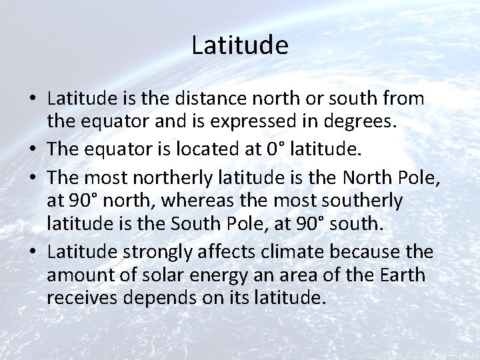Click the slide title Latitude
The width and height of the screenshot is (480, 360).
pyautogui.click(x=239, y=45)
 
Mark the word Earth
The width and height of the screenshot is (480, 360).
pyautogui.click(x=403, y=275)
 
